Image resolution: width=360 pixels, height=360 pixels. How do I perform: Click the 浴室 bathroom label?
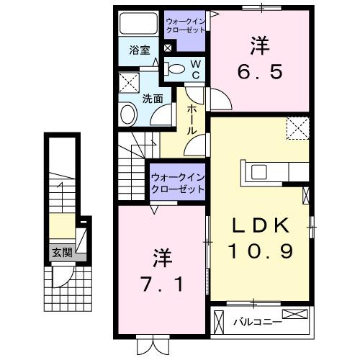point(139,50)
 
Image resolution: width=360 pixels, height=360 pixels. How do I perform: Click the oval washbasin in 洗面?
point(129,113)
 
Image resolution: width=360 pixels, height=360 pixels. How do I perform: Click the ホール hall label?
point(193,120)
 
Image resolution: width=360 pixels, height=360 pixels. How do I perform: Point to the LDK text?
point(261,225)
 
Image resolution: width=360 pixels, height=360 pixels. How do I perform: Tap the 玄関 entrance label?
point(60,253)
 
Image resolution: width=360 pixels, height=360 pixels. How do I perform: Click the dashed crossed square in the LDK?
point(297,127)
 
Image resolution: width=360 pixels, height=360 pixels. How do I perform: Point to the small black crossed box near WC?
point(168,48)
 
